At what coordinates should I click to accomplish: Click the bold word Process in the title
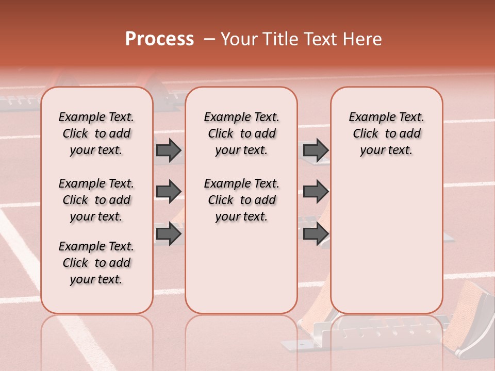(x=159, y=39)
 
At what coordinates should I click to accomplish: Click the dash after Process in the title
(x=209, y=40)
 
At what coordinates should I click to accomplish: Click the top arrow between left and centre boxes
(x=169, y=150)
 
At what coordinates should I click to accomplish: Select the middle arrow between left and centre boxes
(x=169, y=192)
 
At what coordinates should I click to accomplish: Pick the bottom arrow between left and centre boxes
(x=169, y=234)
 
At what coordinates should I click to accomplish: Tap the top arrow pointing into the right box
(x=316, y=150)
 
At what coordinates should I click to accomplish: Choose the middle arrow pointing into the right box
(x=316, y=192)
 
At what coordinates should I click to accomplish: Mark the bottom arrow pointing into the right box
(x=316, y=234)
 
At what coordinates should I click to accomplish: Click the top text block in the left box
(x=96, y=133)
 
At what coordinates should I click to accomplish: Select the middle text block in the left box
(x=96, y=200)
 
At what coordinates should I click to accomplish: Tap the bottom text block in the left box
(x=96, y=263)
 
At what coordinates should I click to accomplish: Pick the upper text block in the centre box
(x=241, y=133)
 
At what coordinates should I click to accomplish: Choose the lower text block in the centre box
(x=241, y=200)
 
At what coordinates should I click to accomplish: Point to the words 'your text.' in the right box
(x=386, y=150)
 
